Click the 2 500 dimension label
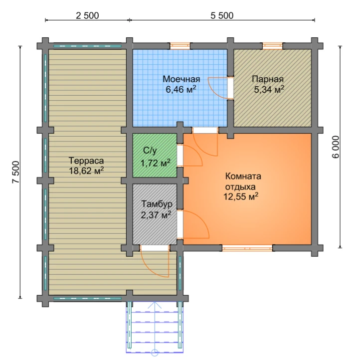tap(87, 15)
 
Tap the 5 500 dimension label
tap(222, 15)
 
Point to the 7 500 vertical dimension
tap(16, 172)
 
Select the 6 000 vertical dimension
tap(336, 147)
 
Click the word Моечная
tap(181, 79)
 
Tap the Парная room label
tap(268, 79)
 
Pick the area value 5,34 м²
tap(269, 89)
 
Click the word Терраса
tap(86, 161)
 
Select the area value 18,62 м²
tap(86, 171)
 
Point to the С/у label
tap(150, 151)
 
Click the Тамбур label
tap(157, 204)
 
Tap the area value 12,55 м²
tap(241, 196)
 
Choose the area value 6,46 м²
tap(181, 89)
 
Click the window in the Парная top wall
tap(273, 46)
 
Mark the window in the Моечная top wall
tap(180, 46)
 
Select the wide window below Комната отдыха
tap(247, 248)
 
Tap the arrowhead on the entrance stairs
tap(155, 305)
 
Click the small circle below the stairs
tap(155, 353)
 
